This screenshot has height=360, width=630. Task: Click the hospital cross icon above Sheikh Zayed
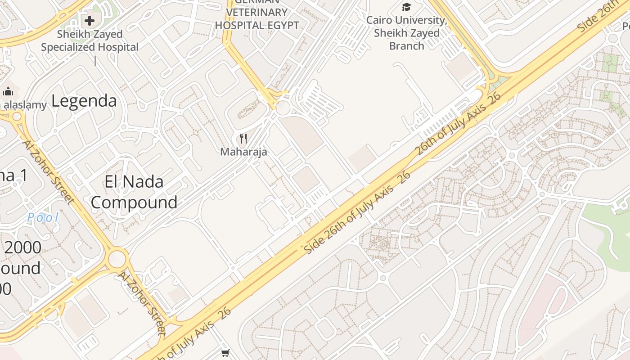[89, 20]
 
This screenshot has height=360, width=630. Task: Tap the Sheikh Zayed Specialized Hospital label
[90, 40]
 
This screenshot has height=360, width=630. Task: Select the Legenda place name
[84, 101]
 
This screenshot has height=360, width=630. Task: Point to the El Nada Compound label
[134, 192]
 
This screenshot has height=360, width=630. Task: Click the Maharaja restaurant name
[243, 152]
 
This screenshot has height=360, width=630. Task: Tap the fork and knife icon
[243, 139]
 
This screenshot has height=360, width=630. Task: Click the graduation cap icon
[406, 7]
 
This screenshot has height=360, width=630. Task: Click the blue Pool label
[43, 218]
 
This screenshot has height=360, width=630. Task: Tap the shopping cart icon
[225, 353]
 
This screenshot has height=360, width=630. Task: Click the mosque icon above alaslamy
[8, 92]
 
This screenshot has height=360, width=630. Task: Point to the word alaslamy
[25, 105]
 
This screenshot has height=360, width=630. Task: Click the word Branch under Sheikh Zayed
[406, 46]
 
